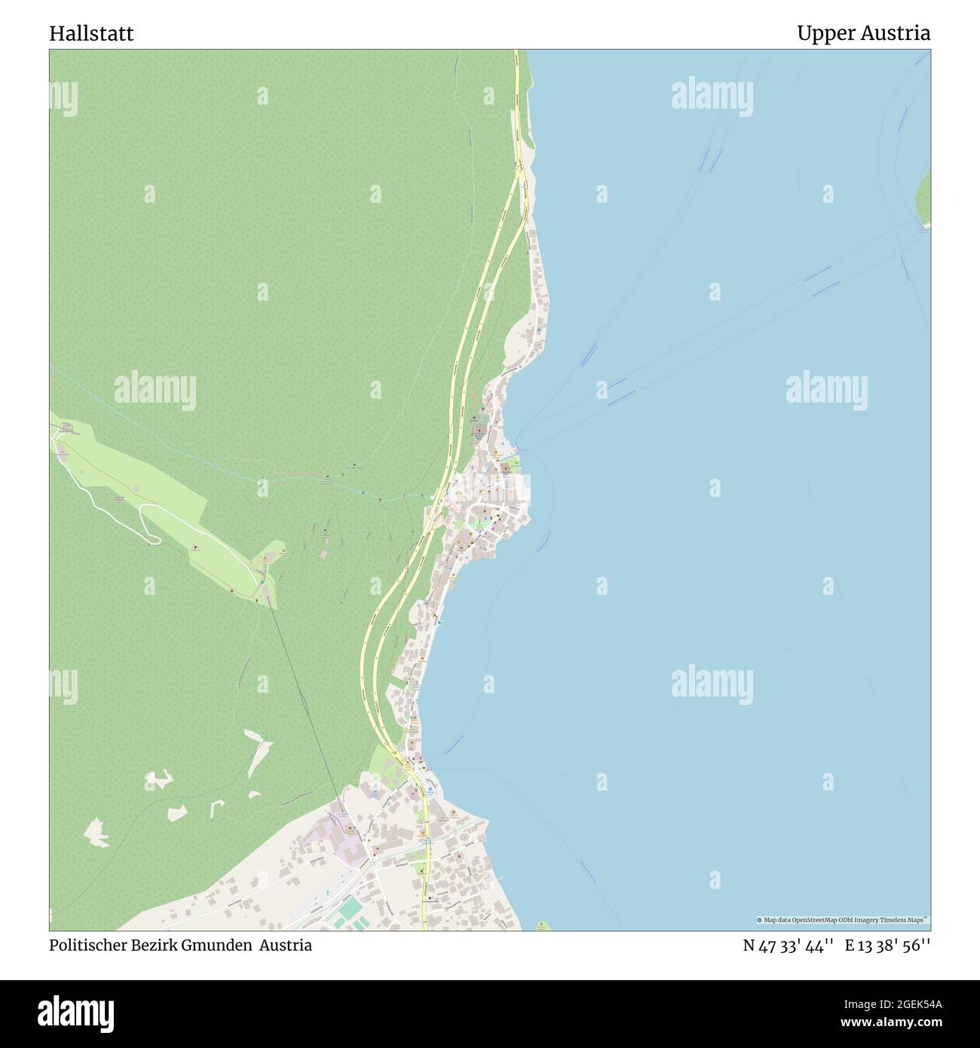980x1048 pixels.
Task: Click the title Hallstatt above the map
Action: (x=91, y=33)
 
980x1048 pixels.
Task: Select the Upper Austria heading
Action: (x=862, y=33)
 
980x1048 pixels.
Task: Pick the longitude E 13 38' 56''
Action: (x=887, y=945)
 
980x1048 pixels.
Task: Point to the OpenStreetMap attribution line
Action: (x=843, y=921)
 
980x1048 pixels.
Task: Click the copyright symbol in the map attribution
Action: (x=760, y=921)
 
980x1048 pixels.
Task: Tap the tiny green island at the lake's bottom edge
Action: (x=541, y=925)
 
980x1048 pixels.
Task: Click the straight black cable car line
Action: (x=302, y=701)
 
